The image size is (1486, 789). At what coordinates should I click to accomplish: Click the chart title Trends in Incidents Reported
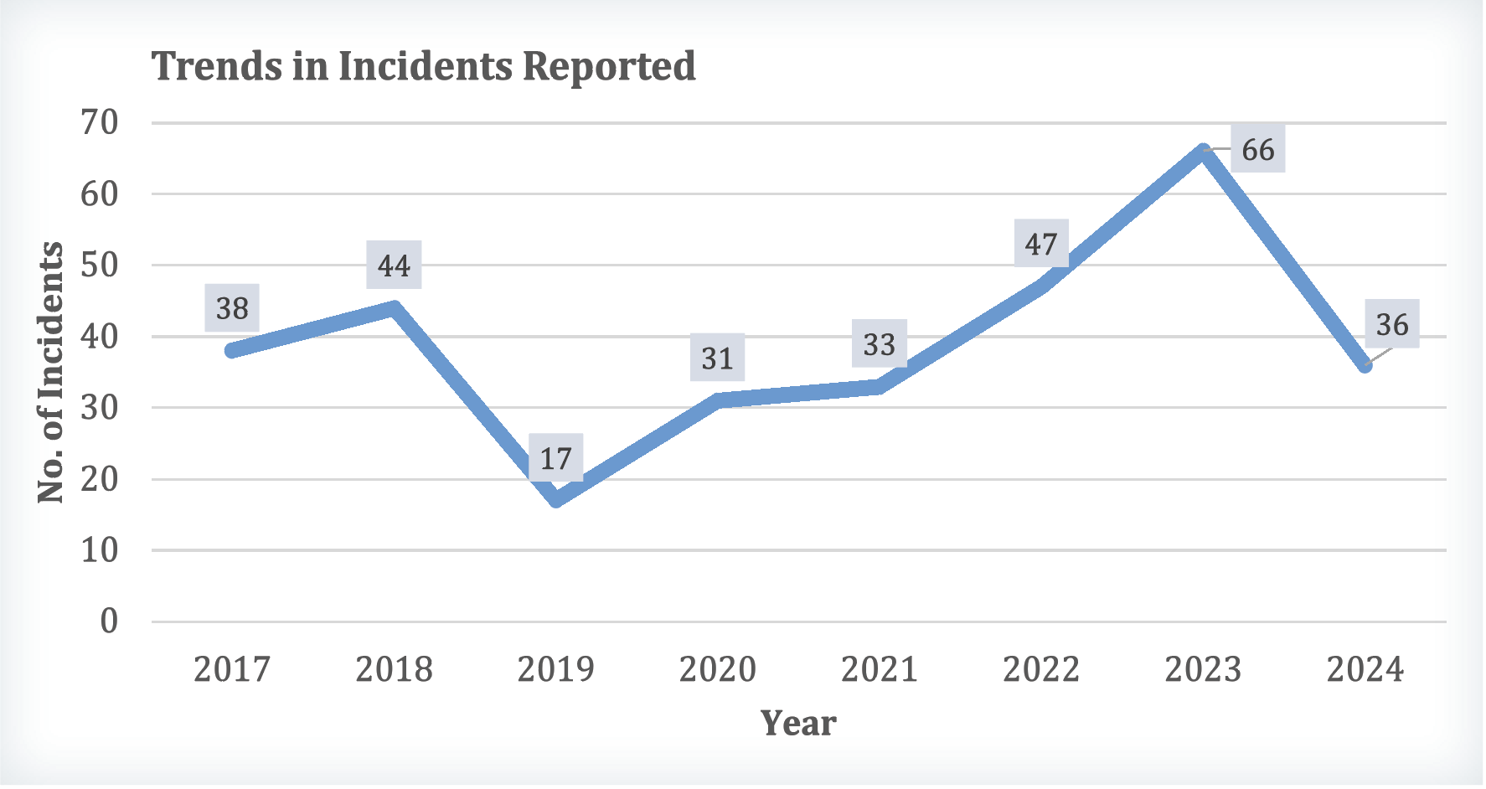click(x=424, y=66)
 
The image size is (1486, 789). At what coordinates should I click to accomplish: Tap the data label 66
click(x=1257, y=150)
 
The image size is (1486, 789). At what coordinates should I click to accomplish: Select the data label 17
click(x=555, y=458)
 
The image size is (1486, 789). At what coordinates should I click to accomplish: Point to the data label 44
click(x=394, y=266)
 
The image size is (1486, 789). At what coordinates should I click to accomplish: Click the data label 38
click(x=232, y=308)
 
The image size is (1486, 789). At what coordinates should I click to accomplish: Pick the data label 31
click(x=717, y=358)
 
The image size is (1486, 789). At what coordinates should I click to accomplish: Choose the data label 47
click(x=1041, y=244)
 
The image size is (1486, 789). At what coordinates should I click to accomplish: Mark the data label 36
click(x=1391, y=324)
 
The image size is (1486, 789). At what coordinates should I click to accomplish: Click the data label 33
click(x=879, y=343)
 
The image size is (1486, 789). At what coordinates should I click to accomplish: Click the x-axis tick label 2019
click(x=555, y=669)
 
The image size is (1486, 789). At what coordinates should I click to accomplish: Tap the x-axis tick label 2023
click(x=1203, y=669)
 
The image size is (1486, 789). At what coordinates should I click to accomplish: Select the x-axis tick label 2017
click(x=232, y=669)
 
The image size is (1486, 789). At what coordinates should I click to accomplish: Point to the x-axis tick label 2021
click(x=879, y=669)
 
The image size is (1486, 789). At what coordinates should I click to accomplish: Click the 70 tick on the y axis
click(x=100, y=123)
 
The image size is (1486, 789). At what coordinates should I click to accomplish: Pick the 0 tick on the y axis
click(x=109, y=621)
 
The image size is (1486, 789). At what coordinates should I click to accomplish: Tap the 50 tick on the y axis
click(x=100, y=266)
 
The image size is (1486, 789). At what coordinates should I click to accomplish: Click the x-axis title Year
click(x=798, y=723)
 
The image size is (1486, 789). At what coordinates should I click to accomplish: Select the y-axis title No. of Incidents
click(x=51, y=372)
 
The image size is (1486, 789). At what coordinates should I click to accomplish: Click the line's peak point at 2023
click(x=1203, y=152)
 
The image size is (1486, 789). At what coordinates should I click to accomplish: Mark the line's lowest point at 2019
click(x=555, y=500)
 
